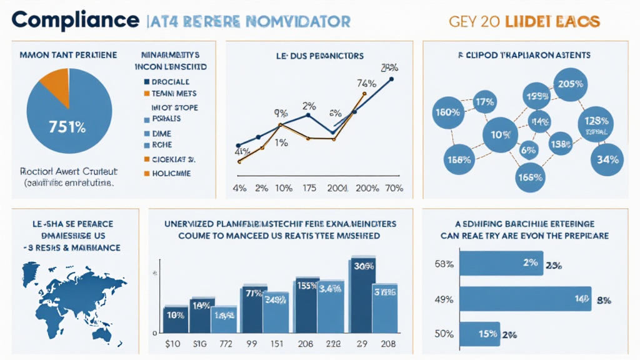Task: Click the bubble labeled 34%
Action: tap(607, 159)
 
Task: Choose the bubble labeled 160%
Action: tap(447, 113)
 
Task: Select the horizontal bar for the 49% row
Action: tap(525, 300)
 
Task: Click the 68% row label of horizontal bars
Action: tap(443, 264)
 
